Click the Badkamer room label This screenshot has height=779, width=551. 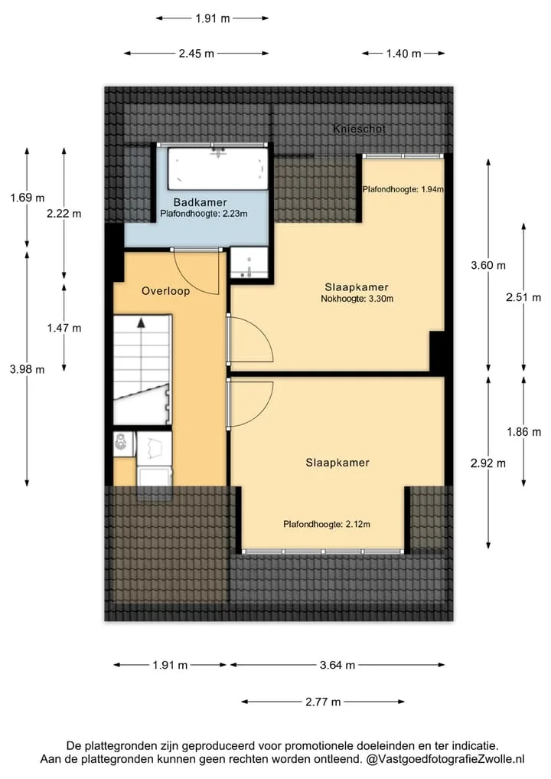[x=200, y=202]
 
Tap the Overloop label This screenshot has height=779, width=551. [x=166, y=291]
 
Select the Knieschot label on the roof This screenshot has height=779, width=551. [x=359, y=129]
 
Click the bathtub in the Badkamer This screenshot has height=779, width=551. [x=217, y=169]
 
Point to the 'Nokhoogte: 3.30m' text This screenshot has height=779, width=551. [x=357, y=299]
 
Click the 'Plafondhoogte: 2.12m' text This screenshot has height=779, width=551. [x=327, y=524]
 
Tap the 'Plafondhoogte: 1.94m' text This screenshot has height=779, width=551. [x=403, y=189]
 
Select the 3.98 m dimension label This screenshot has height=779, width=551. [x=28, y=369]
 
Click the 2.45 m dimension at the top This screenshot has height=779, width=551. [x=197, y=53]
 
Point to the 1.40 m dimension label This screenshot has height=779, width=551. [x=403, y=53]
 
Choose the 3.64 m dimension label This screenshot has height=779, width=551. [x=337, y=665]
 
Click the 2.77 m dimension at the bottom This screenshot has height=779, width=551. [x=323, y=702]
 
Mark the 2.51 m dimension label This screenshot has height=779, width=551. [x=523, y=298]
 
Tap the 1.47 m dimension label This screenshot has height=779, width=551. [x=64, y=328]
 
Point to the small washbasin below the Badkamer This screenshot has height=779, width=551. [x=249, y=262]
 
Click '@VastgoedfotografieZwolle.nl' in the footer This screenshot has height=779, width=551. [x=445, y=759]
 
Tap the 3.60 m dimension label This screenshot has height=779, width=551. [x=488, y=265]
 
